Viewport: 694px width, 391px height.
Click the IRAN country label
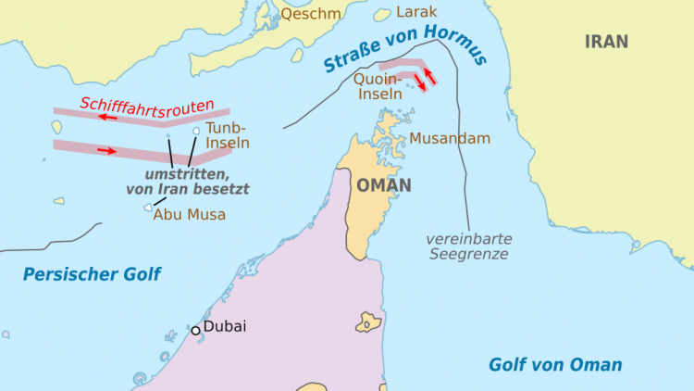click(x=606, y=42)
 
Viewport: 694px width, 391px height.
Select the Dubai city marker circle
click(x=195, y=330)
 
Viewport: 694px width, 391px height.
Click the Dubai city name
click(x=225, y=327)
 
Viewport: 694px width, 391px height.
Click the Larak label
click(x=416, y=12)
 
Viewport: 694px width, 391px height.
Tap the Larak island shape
click(x=380, y=14)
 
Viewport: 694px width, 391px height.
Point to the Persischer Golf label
click(x=92, y=274)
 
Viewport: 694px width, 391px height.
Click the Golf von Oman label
click(x=555, y=364)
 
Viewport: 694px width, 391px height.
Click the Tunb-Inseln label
click(x=227, y=136)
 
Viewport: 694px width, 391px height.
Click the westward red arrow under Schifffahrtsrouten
click(x=109, y=118)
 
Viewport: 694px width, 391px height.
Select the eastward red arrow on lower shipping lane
click(x=106, y=148)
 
